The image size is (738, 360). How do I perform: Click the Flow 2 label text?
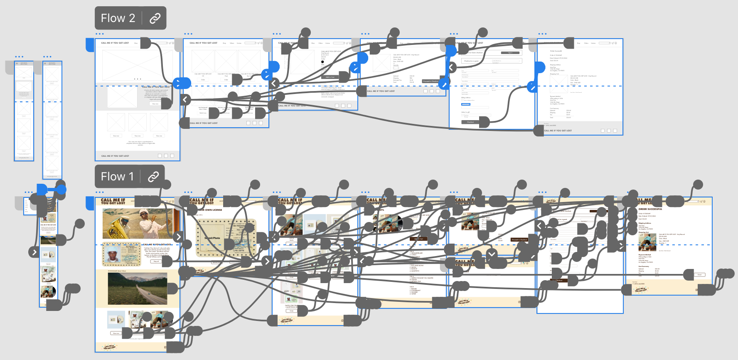click(x=118, y=18)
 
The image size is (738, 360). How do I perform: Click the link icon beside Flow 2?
click(x=155, y=18)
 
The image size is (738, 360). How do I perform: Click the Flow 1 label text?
click(x=117, y=177)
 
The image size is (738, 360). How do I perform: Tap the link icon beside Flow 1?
click(x=153, y=177)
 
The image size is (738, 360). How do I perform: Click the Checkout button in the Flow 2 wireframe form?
click(x=470, y=122)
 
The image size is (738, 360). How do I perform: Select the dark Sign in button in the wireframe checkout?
click(x=510, y=53)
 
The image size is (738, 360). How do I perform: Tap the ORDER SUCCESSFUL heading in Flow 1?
click(x=650, y=209)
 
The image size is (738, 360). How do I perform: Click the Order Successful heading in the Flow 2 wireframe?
click(x=556, y=51)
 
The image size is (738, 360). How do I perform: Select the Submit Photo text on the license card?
click(x=212, y=238)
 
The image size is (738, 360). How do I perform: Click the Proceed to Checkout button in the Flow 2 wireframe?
click(x=430, y=81)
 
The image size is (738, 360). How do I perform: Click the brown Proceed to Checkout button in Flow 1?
click(x=519, y=240)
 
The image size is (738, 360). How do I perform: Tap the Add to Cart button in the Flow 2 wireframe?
click(x=330, y=77)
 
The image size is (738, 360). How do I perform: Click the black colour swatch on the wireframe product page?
click(x=322, y=62)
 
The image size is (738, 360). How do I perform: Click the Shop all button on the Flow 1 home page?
click(x=156, y=261)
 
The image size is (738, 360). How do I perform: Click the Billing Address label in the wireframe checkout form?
click(x=466, y=98)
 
